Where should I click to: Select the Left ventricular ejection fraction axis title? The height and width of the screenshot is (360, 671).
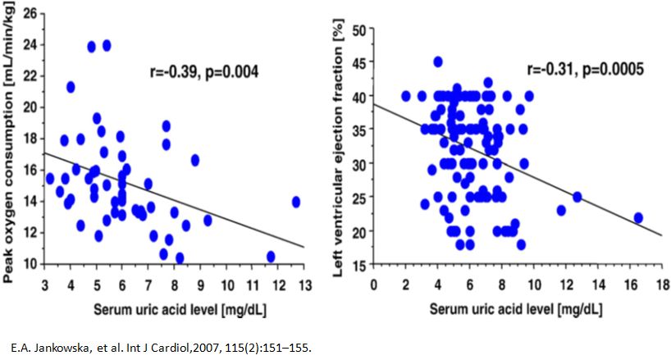tap(337, 153)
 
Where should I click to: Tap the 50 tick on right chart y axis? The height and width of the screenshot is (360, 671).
tap(358, 30)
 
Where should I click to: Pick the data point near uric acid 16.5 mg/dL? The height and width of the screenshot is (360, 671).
tap(638, 217)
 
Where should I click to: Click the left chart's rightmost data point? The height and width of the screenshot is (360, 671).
tap(296, 202)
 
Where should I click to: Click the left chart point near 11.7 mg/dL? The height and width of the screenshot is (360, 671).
tap(271, 257)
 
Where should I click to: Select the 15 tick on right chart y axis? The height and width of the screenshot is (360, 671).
tap(358, 264)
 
